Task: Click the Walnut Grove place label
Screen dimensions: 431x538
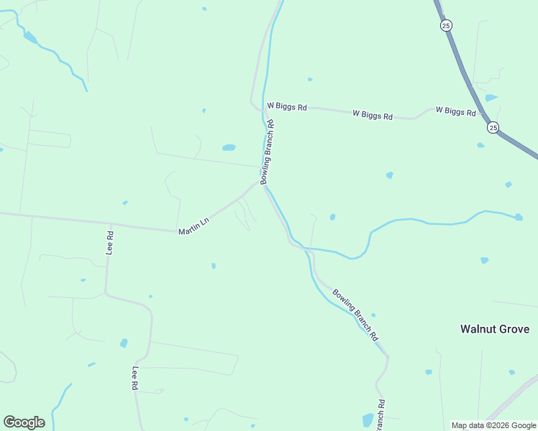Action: point(495,329)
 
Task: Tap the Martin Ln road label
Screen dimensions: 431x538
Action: point(193,226)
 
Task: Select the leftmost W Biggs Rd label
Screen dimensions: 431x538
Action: point(287,106)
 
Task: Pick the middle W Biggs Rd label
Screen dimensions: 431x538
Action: point(373,115)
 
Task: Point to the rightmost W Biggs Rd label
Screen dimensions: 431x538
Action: point(456,111)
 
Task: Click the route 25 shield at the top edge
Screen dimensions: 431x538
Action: point(447,25)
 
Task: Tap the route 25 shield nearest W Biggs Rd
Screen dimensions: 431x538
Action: point(493,127)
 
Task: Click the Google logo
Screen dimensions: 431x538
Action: point(24,422)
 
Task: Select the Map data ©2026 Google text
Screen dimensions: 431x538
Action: point(493,425)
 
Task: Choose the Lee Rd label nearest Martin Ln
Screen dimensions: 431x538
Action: point(110,243)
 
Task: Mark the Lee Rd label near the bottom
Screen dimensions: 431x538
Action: point(134,378)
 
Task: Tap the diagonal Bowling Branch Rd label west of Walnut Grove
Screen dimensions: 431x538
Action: point(355,314)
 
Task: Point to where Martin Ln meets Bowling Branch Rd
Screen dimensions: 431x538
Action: point(261,182)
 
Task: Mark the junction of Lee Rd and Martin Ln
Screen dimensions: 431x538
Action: point(111,224)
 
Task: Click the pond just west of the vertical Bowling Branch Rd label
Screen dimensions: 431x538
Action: point(229,147)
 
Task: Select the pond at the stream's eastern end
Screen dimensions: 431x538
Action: point(519,217)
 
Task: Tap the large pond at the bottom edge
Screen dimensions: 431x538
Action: point(368,420)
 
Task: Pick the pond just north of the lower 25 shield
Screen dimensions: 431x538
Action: point(491,98)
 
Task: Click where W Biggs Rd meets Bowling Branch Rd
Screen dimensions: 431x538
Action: point(260,109)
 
